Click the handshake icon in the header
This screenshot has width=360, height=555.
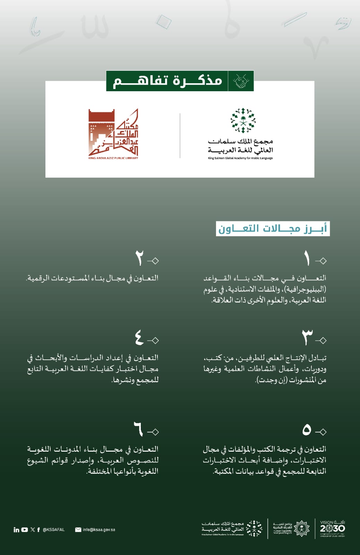pos(241,81)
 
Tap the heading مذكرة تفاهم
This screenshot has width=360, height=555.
pos(168,81)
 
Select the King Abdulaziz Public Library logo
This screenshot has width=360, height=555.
pos(113,134)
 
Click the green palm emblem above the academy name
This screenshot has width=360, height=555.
pos(243,120)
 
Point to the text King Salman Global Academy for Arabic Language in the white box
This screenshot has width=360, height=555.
pos(240,158)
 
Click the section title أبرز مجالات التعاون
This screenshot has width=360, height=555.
pos(273,229)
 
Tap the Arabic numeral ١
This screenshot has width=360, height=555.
pos(307,258)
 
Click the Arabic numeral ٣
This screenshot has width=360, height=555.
pos(307,338)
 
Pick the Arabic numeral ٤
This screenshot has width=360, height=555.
pos(139,338)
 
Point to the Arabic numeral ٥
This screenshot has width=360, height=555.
pos(307,430)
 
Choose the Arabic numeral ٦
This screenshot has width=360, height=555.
pos(138,429)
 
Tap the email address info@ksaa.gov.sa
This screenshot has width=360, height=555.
pos(99,530)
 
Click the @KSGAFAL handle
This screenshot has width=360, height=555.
pos(54,530)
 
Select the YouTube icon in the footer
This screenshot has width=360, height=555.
pos(25,530)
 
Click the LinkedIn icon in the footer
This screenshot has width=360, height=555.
pos(16,530)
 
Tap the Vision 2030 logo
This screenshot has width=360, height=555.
pos(332,528)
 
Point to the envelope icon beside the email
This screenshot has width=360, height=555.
pos(78,530)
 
